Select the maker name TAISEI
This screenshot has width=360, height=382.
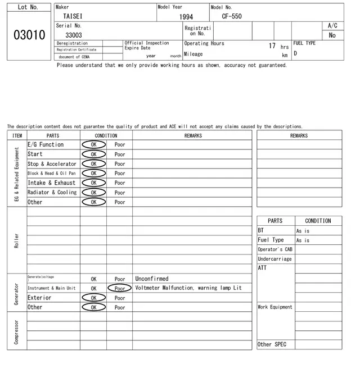click(x=73, y=17)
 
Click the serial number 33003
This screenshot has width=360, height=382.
click(x=74, y=35)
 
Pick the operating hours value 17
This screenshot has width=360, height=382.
click(x=272, y=46)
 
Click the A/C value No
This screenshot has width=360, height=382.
click(x=332, y=35)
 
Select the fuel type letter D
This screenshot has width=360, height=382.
click(x=295, y=54)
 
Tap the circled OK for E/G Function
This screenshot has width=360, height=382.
click(x=93, y=144)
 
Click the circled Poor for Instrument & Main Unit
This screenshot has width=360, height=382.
click(x=120, y=288)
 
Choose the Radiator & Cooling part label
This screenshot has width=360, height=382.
click(x=52, y=192)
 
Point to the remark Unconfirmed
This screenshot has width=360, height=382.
click(x=152, y=279)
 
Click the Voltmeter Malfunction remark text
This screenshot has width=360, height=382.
click(x=188, y=288)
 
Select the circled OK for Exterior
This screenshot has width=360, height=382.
click(x=93, y=298)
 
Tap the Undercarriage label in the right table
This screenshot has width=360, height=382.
click(x=274, y=259)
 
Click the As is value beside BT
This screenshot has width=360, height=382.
click(x=303, y=231)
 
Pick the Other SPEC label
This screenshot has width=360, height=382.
click(x=272, y=344)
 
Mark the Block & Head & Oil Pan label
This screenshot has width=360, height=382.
click(x=51, y=174)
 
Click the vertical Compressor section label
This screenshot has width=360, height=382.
click(x=17, y=332)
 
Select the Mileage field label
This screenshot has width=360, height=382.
click(x=193, y=54)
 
